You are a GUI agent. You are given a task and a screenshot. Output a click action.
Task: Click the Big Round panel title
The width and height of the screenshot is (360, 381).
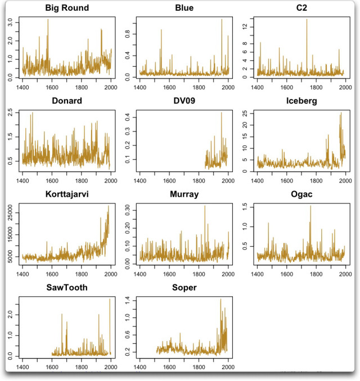point(66,8)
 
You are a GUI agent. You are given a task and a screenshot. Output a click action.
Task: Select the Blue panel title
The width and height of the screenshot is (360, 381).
point(183,8)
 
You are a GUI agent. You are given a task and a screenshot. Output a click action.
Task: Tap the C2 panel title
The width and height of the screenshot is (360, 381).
point(300,8)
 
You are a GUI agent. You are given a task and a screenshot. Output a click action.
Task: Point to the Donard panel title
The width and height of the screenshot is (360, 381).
point(66,102)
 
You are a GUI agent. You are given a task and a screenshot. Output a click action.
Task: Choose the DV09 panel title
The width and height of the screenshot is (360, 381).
point(183,102)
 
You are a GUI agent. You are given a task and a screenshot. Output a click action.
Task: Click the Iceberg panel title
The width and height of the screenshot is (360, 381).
point(300,102)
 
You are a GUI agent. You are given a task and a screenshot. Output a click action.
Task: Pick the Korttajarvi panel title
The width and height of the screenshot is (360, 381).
point(66,194)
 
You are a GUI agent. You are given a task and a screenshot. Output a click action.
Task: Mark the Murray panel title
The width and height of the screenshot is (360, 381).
point(183,194)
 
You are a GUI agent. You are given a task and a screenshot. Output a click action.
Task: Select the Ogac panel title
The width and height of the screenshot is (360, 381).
point(300,194)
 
